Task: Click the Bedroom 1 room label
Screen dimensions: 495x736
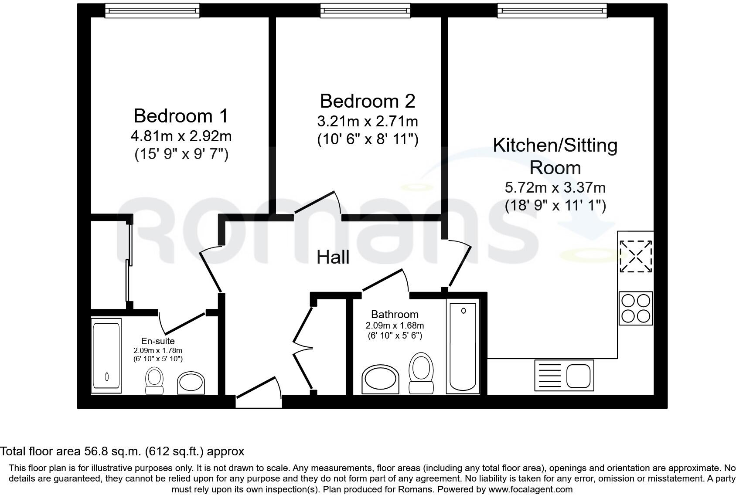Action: click(181, 116)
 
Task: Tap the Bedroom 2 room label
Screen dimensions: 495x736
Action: click(367, 101)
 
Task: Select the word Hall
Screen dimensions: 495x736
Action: click(333, 257)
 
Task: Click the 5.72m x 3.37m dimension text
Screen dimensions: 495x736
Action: click(555, 188)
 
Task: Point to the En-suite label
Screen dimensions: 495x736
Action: click(158, 341)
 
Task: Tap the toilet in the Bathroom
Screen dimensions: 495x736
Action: click(421, 373)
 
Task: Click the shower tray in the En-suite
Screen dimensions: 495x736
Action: click(106, 356)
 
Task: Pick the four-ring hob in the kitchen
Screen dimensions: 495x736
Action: click(636, 309)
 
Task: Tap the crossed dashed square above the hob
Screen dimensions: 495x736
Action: click(636, 256)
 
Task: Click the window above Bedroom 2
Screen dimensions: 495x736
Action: click(365, 10)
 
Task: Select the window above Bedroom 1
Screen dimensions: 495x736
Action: click(152, 10)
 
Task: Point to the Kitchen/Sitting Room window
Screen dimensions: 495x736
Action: click(552, 10)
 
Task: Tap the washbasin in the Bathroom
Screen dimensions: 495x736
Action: click(381, 378)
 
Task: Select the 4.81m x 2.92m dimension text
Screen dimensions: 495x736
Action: click(181, 136)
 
